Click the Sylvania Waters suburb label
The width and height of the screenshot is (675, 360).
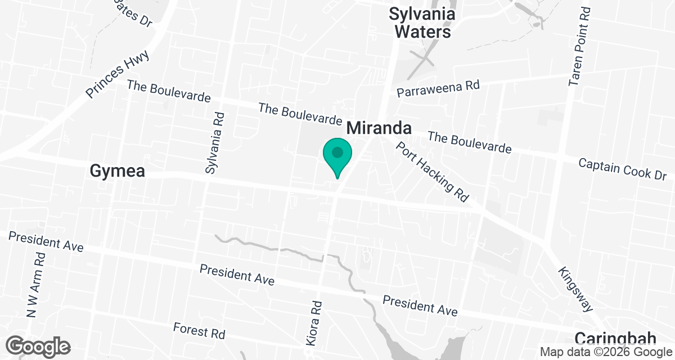pyautogui.click(x=422, y=22)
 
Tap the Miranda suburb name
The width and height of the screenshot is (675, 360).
pyautogui.click(x=379, y=128)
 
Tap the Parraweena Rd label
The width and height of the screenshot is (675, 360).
pyautogui.click(x=439, y=88)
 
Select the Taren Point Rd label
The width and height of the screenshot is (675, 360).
pyautogui.click(x=580, y=47)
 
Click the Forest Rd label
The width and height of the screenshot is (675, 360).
pyautogui.click(x=199, y=330)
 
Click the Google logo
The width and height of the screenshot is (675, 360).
pyautogui.click(x=38, y=346)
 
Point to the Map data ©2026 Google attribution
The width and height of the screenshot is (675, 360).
pyautogui.click(x=605, y=352)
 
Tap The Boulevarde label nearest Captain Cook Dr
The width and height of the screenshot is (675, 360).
pyautogui.click(x=470, y=142)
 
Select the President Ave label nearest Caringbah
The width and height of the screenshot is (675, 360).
pyautogui.click(x=420, y=305)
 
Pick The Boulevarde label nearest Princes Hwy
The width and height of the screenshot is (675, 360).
pyautogui.click(x=169, y=91)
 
